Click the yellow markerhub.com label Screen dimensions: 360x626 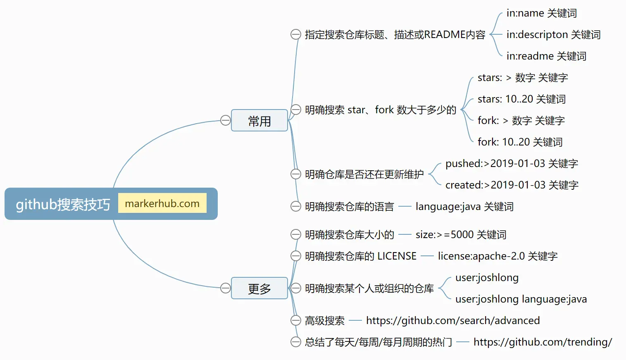[x=162, y=203]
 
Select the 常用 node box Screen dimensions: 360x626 [x=259, y=121]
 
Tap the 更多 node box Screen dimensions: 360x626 [x=259, y=288]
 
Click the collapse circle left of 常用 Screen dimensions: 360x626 [x=225, y=120]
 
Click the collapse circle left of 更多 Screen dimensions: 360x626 [x=225, y=288]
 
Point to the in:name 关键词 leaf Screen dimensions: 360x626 [x=541, y=13]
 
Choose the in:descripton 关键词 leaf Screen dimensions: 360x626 [x=553, y=35]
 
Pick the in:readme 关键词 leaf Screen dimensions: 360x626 [x=546, y=56]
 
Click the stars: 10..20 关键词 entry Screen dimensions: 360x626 [x=521, y=99]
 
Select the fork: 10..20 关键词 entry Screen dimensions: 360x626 [x=520, y=142]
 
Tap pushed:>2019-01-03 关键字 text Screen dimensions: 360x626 [x=512, y=164]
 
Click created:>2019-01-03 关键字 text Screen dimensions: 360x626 [x=512, y=185]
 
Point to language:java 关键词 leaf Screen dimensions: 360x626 [x=464, y=207]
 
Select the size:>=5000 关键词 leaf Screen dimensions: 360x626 [x=461, y=235]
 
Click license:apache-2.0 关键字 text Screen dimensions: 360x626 [x=497, y=256]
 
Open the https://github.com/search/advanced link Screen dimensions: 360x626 [x=453, y=321]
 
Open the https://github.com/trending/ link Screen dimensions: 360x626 [x=543, y=342]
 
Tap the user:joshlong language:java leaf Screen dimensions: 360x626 [x=521, y=299]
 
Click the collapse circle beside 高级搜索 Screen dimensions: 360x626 [x=295, y=320]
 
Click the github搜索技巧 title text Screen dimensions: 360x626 [x=63, y=204]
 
